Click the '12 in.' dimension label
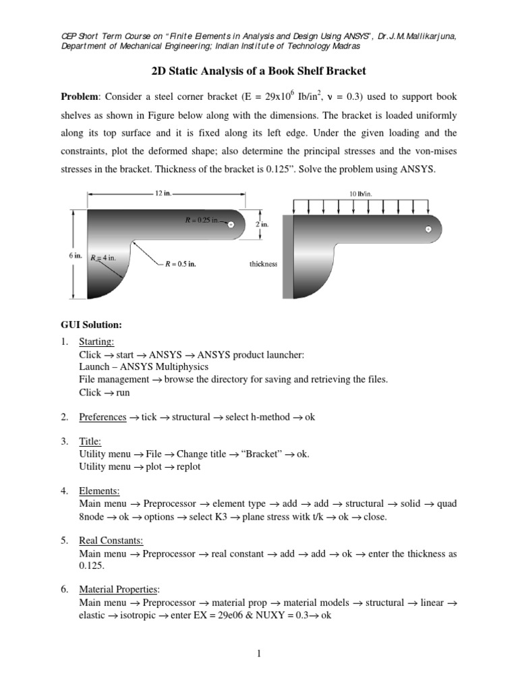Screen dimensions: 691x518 pos(164,193)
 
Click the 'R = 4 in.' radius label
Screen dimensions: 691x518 pos(105,257)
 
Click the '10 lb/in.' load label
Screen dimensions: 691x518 pos(361,194)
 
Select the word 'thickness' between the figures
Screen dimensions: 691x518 pos(264,265)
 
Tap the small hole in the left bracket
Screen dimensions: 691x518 pos(231,225)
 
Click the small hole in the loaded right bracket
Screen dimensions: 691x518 pos(428,230)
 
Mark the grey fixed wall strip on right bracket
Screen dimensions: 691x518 pos(288,254)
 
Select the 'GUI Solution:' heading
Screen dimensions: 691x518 pos(91,325)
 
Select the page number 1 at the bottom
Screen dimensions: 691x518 pos(259,655)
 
